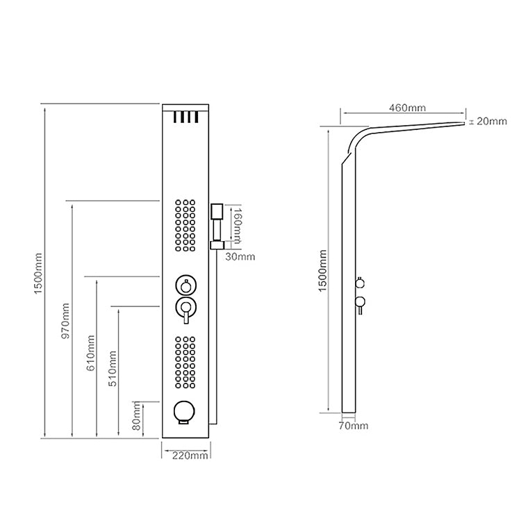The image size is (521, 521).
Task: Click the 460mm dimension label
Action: click(x=407, y=108)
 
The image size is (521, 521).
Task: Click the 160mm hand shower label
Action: click(x=236, y=224)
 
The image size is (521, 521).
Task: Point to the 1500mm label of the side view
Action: click(x=322, y=271)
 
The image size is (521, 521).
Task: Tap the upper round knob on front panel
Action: click(x=185, y=285)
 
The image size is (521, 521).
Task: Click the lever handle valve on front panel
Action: click(x=185, y=310)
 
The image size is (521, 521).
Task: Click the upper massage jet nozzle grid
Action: click(x=186, y=225)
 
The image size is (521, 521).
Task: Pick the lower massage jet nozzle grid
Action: click(x=186, y=361)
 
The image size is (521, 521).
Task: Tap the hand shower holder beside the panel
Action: click(x=218, y=226)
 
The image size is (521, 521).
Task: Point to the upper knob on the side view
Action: click(x=359, y=281)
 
